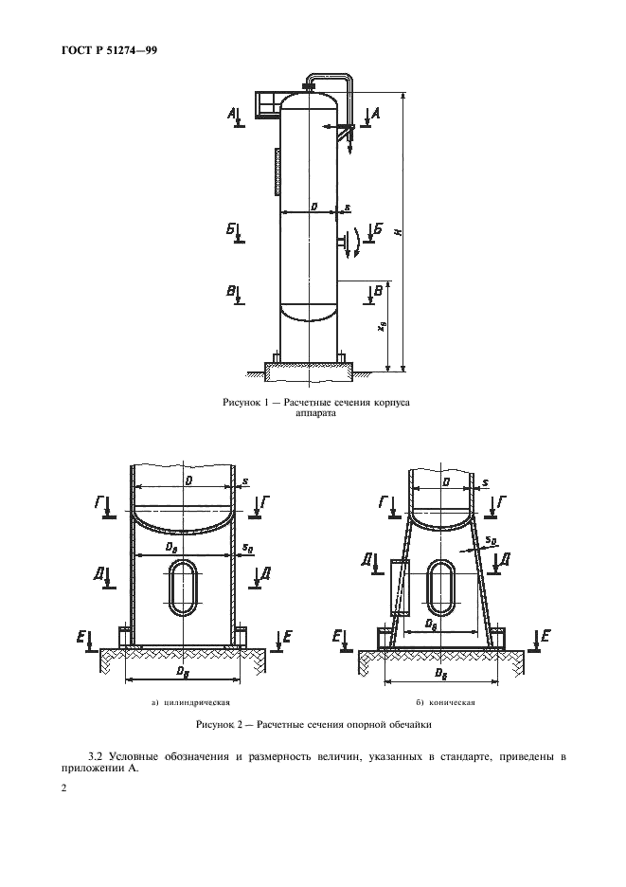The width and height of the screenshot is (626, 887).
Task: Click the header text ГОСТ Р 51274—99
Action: [x=109, y=51]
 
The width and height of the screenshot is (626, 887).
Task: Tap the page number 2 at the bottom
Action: [x=63, y=788]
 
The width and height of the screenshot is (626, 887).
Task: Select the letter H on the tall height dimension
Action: [x=399, y=231]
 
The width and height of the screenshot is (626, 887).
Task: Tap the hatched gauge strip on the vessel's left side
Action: [x=277, y=172]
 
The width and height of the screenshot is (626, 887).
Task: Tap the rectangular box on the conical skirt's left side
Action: [x=400, y=588]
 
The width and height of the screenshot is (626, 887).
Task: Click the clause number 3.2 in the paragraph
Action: [x=97, y=757]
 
